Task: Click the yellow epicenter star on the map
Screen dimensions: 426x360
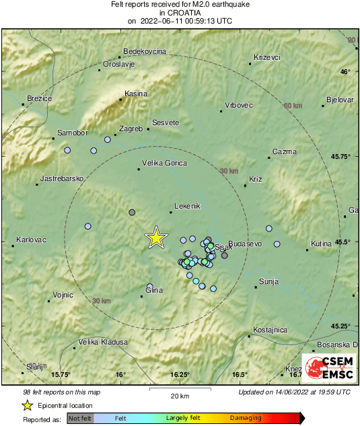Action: click(156, 237)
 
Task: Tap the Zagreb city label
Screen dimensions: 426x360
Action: click(131, 129)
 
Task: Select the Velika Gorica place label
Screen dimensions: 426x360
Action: click(166, 163)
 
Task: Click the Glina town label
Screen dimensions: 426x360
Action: click(154, 291)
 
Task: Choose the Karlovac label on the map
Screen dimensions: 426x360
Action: click(30, 240)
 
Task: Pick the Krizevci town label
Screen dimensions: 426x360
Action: click(267, 57)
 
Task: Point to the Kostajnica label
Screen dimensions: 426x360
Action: click(271, 330)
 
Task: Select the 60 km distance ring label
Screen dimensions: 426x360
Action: click(293, 106)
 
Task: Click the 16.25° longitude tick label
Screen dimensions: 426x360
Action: click(180, 375)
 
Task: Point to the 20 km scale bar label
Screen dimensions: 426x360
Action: click(179, 395)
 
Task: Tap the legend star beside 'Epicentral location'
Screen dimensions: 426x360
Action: click(27, 405)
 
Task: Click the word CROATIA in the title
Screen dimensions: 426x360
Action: click(180, 12)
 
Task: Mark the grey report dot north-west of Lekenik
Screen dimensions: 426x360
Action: click(132, 212)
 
